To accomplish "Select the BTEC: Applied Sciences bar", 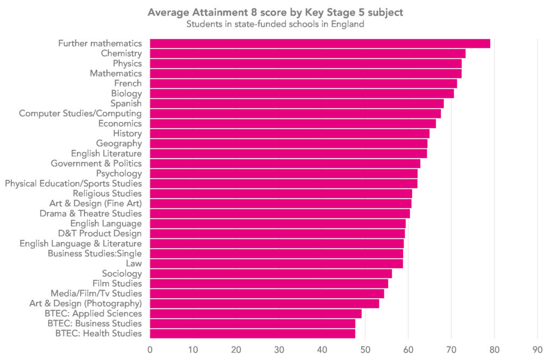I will point(256,314).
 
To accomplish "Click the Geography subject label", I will point(119,144).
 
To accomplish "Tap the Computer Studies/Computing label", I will point(80,114).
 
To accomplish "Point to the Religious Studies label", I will point(107,193).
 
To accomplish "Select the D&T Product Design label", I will point(100,234).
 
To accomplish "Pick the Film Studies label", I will point(117,284).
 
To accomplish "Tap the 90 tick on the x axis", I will point(537,349).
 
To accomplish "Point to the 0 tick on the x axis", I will point(150,349).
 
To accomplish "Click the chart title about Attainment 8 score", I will point(275,13).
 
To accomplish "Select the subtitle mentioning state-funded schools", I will point(275,24).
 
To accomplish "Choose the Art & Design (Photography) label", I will point(86,303).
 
